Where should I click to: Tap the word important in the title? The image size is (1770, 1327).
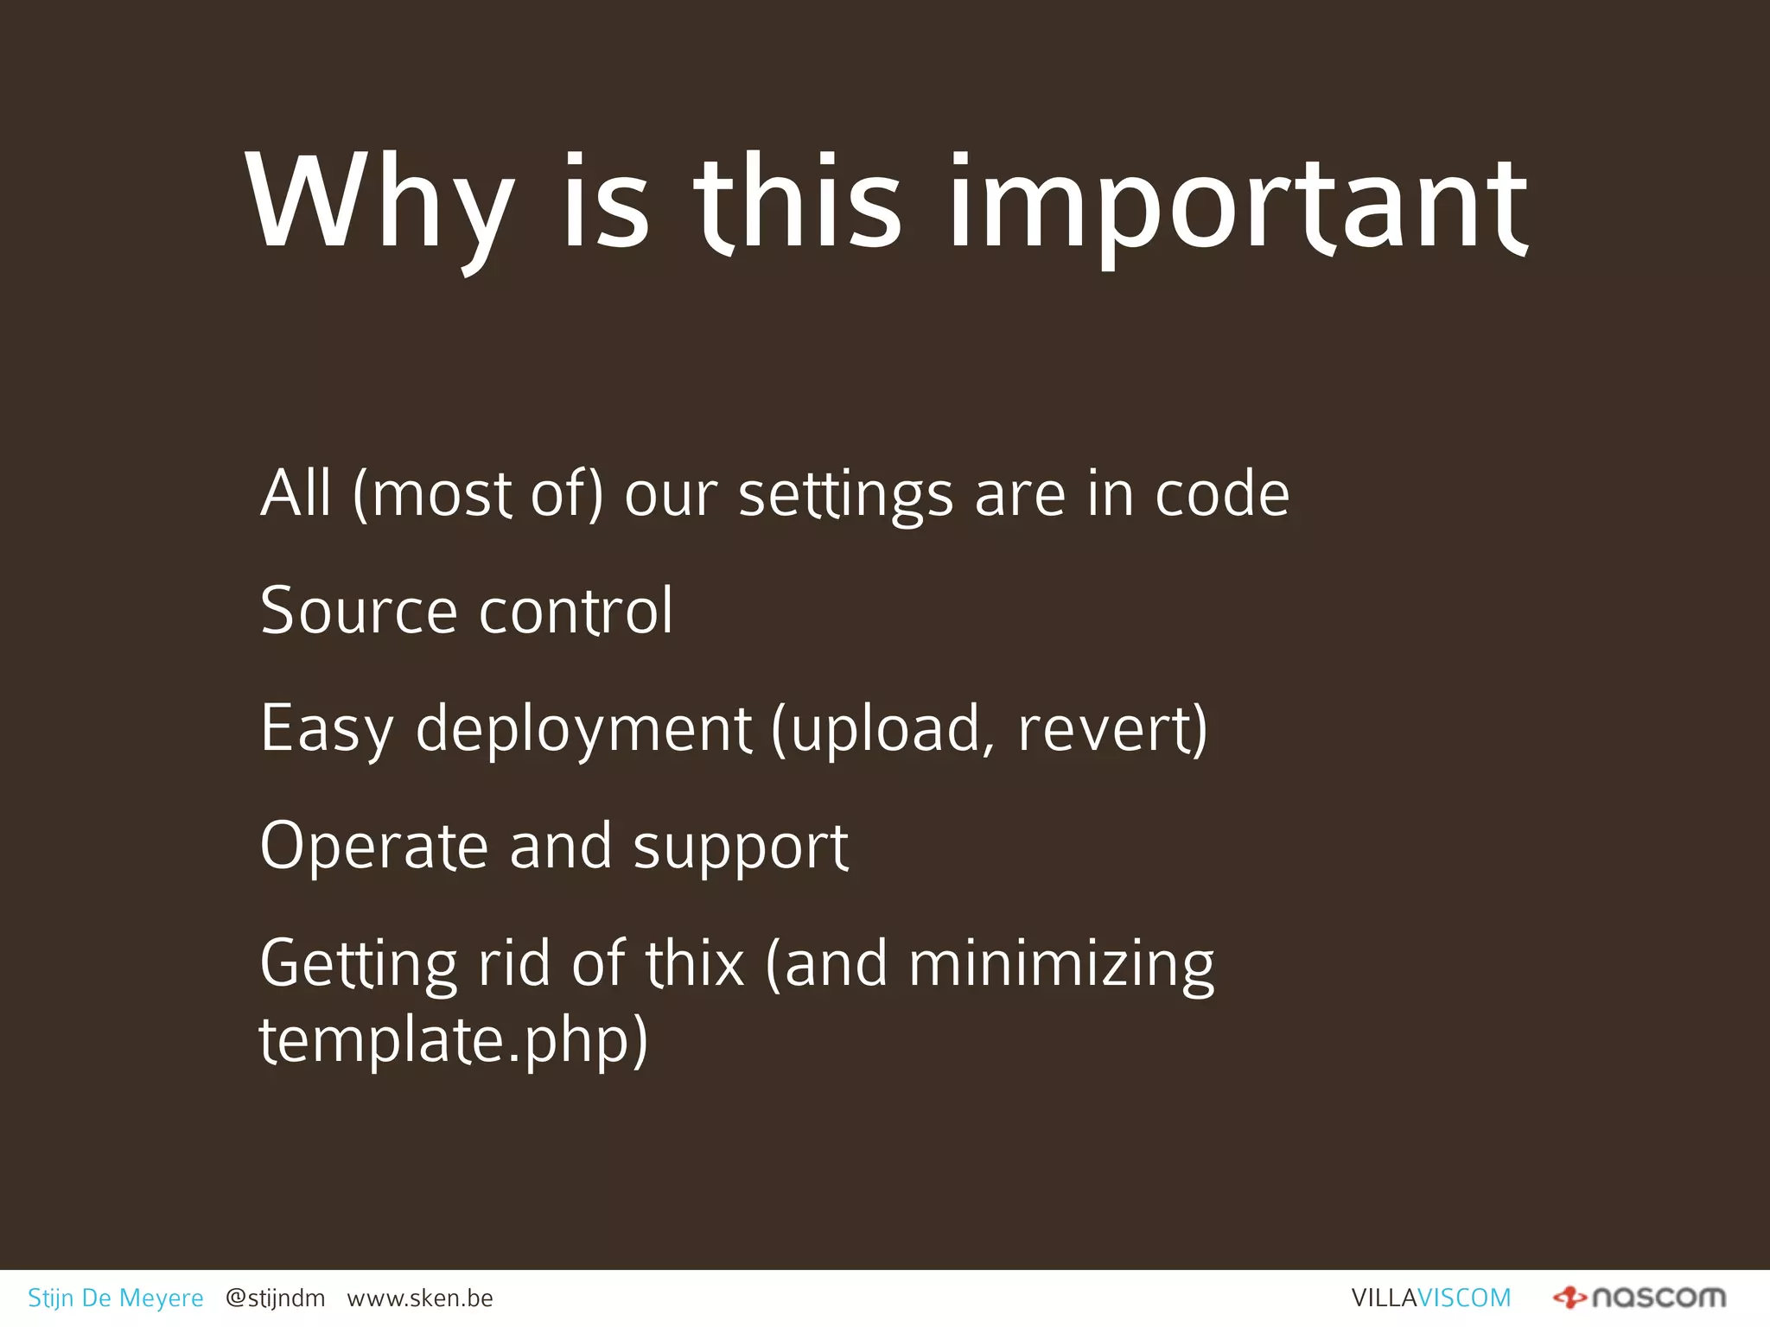coord(1238,207)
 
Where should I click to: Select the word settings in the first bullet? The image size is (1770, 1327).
coord(845,495)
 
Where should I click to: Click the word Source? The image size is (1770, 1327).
coord(358,611)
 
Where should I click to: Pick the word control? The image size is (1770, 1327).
coord(576,611)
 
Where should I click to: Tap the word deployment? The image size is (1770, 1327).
coord(583,730)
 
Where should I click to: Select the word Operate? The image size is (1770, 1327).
coord(373,847)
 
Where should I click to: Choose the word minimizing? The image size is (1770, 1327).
coord(1061,965)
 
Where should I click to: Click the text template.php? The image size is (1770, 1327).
coord(453,1040)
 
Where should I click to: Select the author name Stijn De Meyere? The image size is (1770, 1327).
coord(116,1298)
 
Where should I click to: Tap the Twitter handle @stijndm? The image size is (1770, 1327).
coord(275,1298)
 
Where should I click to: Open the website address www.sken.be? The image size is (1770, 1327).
coord(420,1298)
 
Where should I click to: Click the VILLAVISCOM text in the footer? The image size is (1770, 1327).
coord(1431,1298)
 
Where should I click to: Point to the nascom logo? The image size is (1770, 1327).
coord(1639,1297)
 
